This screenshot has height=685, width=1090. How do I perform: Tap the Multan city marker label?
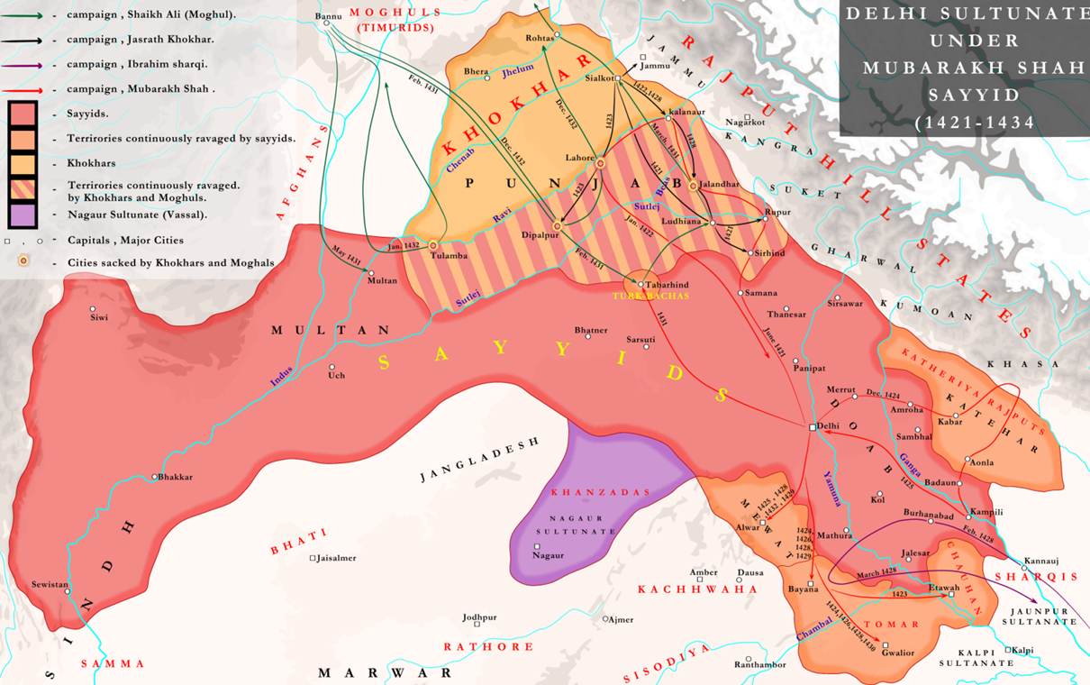(382, 281)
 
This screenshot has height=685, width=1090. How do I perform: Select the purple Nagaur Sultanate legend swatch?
(23, 215)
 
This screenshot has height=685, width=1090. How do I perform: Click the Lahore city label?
(579, 158)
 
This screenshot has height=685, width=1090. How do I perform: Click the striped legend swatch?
(23, 189)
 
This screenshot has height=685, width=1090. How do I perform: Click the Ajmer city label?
(621, 619)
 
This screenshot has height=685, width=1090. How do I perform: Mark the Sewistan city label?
(49, 585)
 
